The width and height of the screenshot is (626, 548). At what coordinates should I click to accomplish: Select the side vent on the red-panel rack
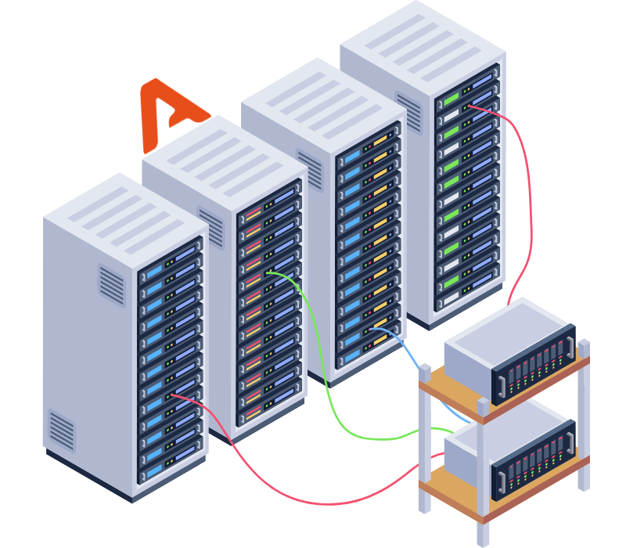[x=210, y=227]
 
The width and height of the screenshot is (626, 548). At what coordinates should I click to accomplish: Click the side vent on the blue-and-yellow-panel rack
[x=310, y=169]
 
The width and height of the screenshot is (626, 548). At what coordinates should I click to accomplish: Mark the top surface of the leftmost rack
[x=125, y=211]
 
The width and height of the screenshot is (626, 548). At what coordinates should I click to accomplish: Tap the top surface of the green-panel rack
[x=423, y=39]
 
